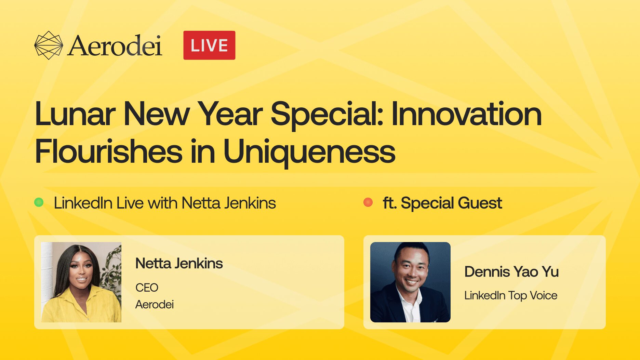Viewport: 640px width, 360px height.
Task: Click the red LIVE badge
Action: click(209, 45)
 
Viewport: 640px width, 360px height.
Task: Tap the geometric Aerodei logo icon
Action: click(49, 45)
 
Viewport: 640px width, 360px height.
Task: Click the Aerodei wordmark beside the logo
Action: click(115, 45)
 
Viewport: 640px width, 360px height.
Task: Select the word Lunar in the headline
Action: click(75, 114)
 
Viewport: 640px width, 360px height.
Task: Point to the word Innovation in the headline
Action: click(467, 114)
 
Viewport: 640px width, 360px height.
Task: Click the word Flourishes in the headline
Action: click(109, 151)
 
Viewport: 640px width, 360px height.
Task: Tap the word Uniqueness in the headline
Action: click(309, 152)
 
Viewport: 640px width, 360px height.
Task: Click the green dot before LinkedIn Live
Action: click(39, 202)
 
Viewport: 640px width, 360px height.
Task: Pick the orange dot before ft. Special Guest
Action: click(368, 202)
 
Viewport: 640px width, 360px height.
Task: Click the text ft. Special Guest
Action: click(442, 203)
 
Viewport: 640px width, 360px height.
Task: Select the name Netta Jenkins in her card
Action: click(179, 263)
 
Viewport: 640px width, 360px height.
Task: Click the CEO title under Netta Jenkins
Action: click(147, 288)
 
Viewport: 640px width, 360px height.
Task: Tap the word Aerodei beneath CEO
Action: click(155, 304)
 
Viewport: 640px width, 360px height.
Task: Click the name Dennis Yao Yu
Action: click(511, 272)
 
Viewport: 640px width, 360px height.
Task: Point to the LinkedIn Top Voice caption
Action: click(511, 295)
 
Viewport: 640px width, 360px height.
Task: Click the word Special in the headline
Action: click(326, 115)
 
